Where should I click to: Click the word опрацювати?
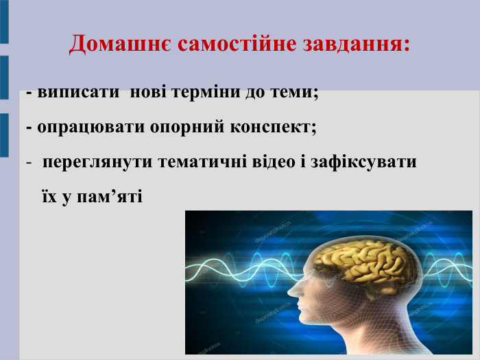(x=82, y=128)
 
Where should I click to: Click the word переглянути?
(x=98, y=164)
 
